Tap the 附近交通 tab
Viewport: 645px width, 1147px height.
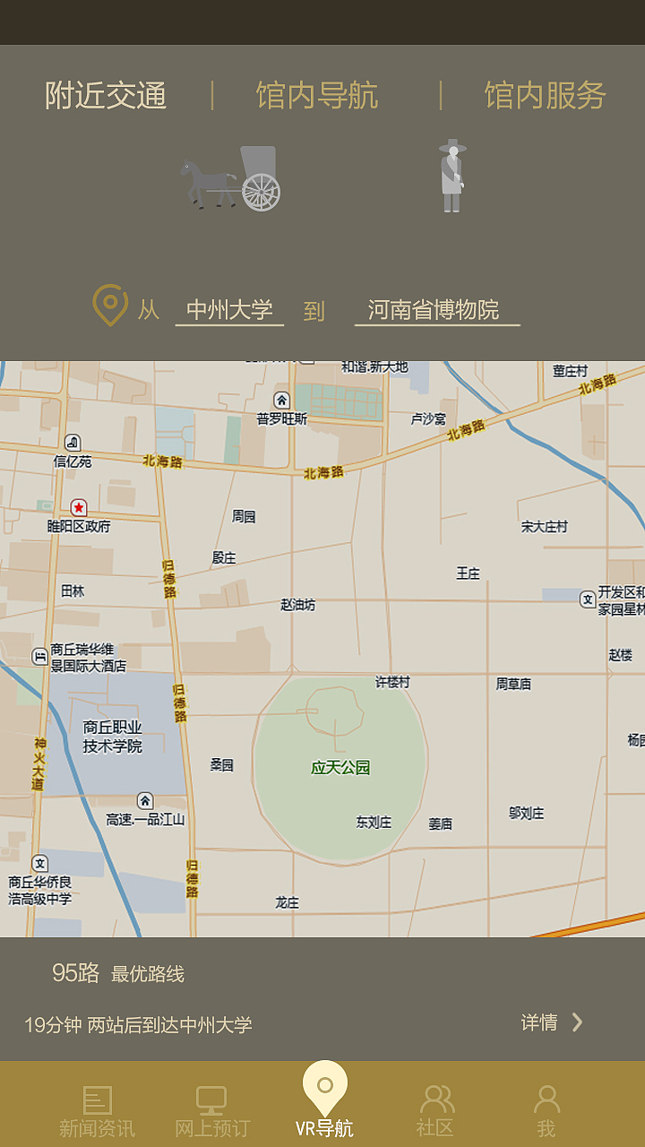tap(106, 96)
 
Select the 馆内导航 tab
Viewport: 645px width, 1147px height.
tap(317, 96)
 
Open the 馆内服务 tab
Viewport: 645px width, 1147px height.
tap(545, 96)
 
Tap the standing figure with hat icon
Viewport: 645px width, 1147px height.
tap(452, 176)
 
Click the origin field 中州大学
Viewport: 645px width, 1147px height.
tap(229, 310)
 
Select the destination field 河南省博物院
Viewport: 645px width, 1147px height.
tap(434, 310)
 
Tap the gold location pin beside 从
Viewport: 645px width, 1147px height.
tap(110, 306)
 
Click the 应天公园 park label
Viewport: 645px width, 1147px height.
tap(340, 768)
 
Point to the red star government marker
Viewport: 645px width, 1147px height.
tap(79, 508)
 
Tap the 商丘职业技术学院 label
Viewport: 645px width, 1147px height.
tap(113, 737)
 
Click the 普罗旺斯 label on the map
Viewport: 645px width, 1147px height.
tap(281, 418)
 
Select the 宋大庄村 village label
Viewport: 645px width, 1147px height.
tap(545, 527)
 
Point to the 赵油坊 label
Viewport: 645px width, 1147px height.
tap(298, 605)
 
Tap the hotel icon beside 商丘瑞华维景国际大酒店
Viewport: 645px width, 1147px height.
tap(39, 656)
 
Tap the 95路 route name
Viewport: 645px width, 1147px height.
tap(76, 973)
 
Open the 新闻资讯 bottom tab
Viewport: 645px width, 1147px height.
tap(97, 1111)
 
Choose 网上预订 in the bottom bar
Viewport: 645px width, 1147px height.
tap(212, 1111)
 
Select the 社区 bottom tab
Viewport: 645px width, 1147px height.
tap(436, 1111)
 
